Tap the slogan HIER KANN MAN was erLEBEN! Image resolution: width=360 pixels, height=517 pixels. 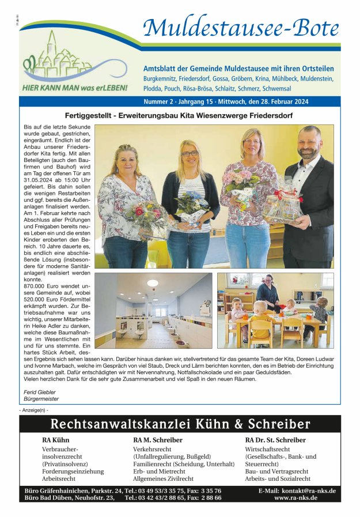click(x=75, y=89)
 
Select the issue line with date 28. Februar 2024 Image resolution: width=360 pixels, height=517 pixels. click(x=226, y=101)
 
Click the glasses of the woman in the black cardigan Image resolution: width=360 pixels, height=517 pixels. click(x=190, y=153)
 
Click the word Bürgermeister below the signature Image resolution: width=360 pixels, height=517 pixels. click(x=41, y=398)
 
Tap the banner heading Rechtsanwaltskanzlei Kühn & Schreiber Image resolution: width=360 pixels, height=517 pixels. click(x=180, y=425)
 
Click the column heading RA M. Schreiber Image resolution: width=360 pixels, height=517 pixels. click(x=157, y=440)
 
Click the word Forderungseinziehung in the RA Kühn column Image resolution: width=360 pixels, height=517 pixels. click(x=73, y=471)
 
